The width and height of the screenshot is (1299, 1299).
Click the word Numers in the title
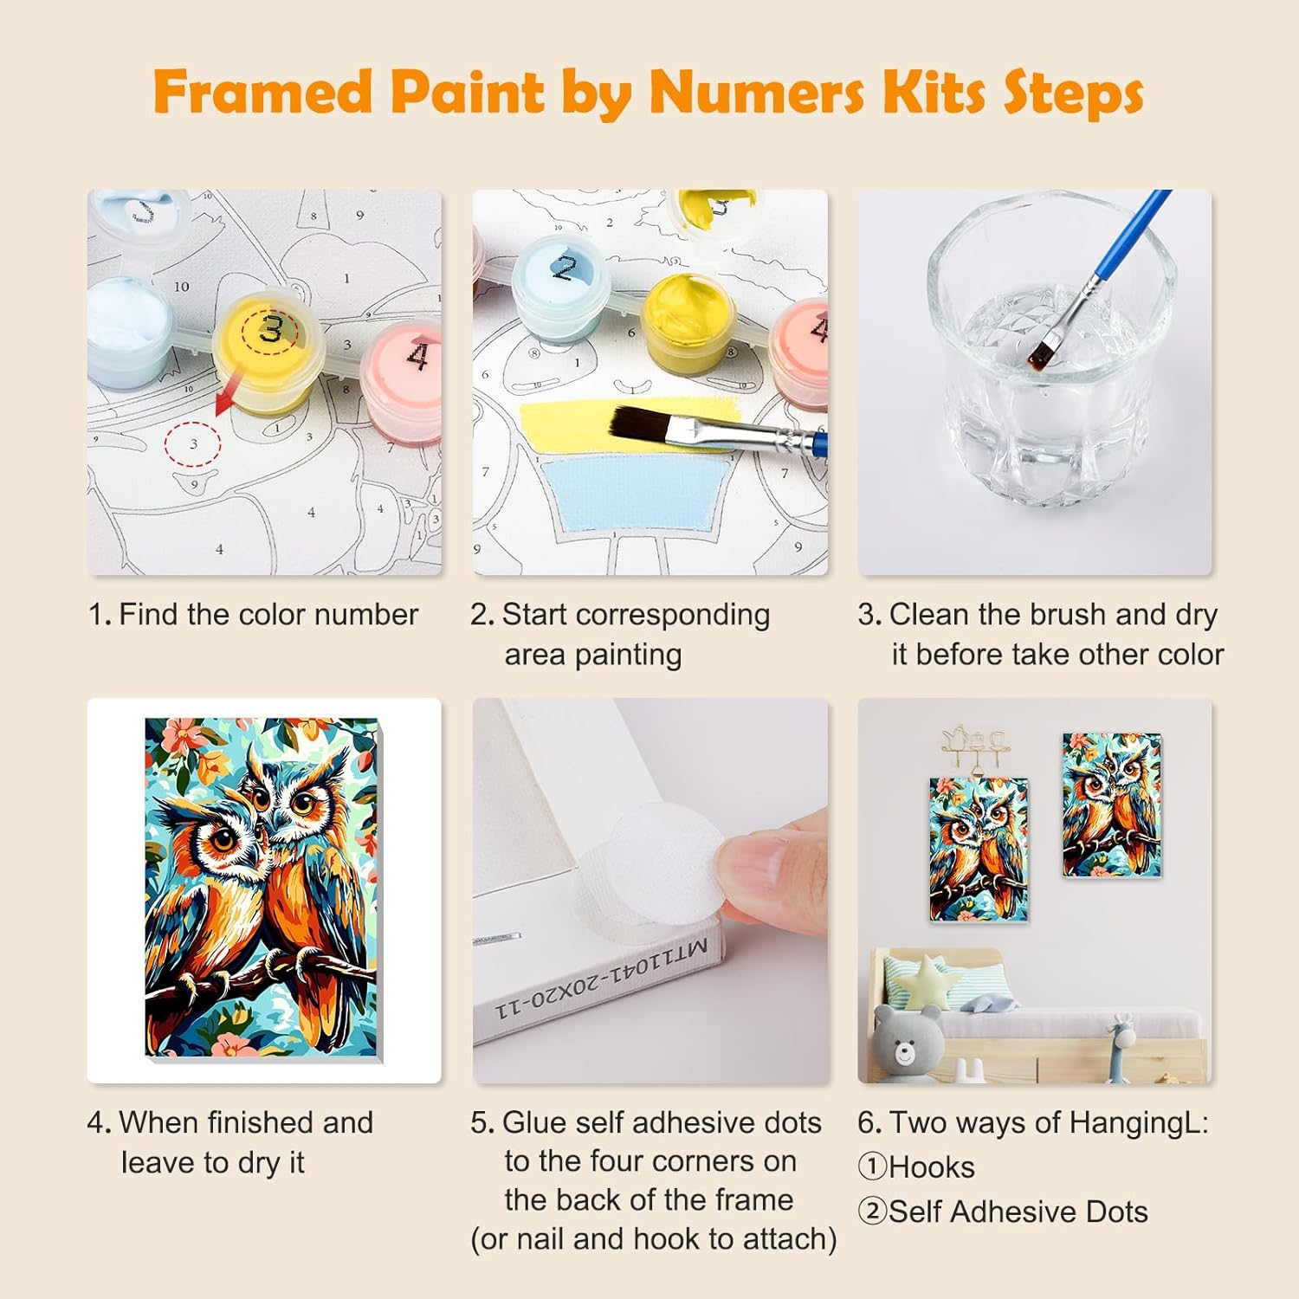coord(756,92)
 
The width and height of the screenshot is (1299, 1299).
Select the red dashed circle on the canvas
coord(192,444)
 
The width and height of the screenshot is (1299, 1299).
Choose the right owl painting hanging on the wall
coord(1112,805)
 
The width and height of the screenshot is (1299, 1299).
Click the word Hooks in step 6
coord(931,1167)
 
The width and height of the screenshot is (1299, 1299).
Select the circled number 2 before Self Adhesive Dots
coord(873,1211)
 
